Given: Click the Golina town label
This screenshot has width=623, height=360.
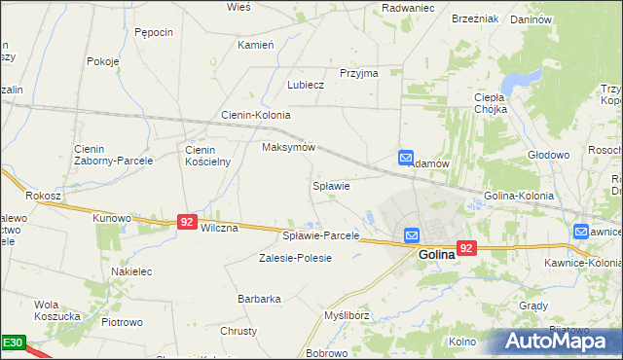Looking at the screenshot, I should [x=437, y=255].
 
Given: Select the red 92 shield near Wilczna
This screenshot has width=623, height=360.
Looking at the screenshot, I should [x=188, y=223].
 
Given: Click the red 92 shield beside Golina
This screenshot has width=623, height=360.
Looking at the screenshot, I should [x=466, y=248].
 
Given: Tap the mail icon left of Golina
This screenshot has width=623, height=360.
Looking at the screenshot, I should [x=412, y=235].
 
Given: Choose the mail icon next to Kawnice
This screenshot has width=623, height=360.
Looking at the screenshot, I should [x=581, y=232].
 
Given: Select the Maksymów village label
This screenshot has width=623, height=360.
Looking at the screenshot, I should [x=289, y=147].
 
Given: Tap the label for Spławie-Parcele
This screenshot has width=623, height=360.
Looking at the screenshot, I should [x=320, y=235].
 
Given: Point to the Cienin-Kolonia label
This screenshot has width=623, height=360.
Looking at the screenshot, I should [x=256, y=115].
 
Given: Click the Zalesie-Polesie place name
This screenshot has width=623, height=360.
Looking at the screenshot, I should [x=295, y=258].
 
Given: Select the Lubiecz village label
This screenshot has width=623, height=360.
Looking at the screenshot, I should [x=305, y=85].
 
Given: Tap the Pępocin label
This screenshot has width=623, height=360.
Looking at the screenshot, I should [x=154, y=32].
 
